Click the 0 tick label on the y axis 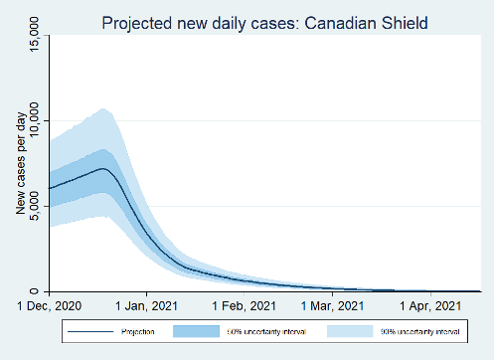37,290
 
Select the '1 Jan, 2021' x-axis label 146,305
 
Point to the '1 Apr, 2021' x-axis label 430,305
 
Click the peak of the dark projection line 103,169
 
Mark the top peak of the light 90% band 102,108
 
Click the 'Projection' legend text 138,331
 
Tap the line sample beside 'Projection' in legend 87,331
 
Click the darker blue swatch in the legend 200,331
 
